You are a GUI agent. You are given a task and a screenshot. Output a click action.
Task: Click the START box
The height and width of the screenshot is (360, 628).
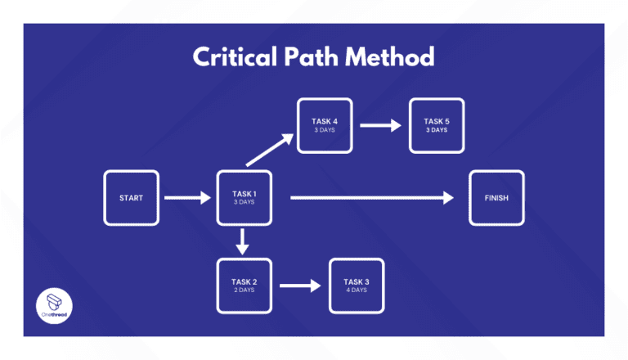131,198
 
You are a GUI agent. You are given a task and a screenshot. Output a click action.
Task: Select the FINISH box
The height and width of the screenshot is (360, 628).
496,198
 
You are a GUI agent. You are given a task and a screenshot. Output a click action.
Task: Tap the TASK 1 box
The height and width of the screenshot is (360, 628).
244,198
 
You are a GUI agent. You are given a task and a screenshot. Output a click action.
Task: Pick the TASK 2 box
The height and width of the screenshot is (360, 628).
244,286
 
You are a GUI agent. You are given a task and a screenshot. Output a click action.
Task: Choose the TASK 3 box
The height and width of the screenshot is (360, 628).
356,286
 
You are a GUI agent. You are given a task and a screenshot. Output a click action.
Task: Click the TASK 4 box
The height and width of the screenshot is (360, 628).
325,125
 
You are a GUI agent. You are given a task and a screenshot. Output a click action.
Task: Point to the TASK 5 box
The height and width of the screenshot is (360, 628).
436,125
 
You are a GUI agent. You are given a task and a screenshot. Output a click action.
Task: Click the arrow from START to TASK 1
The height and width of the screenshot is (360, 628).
187,198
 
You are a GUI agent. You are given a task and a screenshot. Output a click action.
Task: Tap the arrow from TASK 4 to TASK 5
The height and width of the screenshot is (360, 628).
380,125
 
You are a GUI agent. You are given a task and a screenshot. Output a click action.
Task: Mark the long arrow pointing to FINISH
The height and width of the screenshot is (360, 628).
371,198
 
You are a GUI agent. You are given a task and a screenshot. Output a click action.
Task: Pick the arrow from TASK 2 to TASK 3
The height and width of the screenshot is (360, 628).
299,286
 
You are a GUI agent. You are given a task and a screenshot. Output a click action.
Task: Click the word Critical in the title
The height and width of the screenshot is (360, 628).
232,58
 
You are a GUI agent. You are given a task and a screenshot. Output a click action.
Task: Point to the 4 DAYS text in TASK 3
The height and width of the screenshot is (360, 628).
356,290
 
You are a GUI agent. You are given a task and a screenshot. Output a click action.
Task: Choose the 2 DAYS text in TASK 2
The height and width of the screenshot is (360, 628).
244,290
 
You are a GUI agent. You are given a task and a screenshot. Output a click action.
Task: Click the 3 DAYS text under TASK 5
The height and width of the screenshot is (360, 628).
436,130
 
